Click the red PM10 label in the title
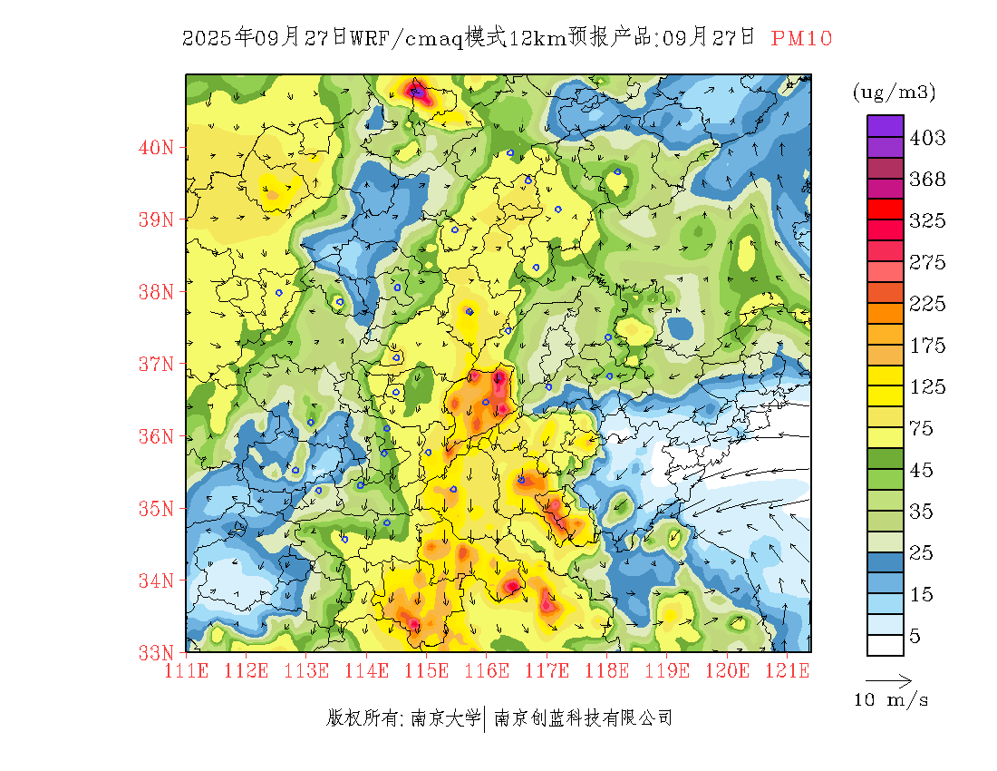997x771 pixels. (x=801, y=38)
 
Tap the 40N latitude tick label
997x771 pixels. (x=157, y=147)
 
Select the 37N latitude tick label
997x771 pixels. (x=157, y=364)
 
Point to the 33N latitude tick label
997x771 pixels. (x=157, y=651)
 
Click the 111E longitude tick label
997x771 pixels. (x=187, y=670)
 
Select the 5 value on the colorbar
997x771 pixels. (x=915, y=636)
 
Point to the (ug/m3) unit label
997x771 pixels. (x=894, y=92)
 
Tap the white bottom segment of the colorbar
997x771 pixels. (x=885, y=645)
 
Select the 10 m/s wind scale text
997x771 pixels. (x=892, y=700)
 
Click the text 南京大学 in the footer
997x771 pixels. (x=445, y=718)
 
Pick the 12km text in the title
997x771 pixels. (x=538, y=38)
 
